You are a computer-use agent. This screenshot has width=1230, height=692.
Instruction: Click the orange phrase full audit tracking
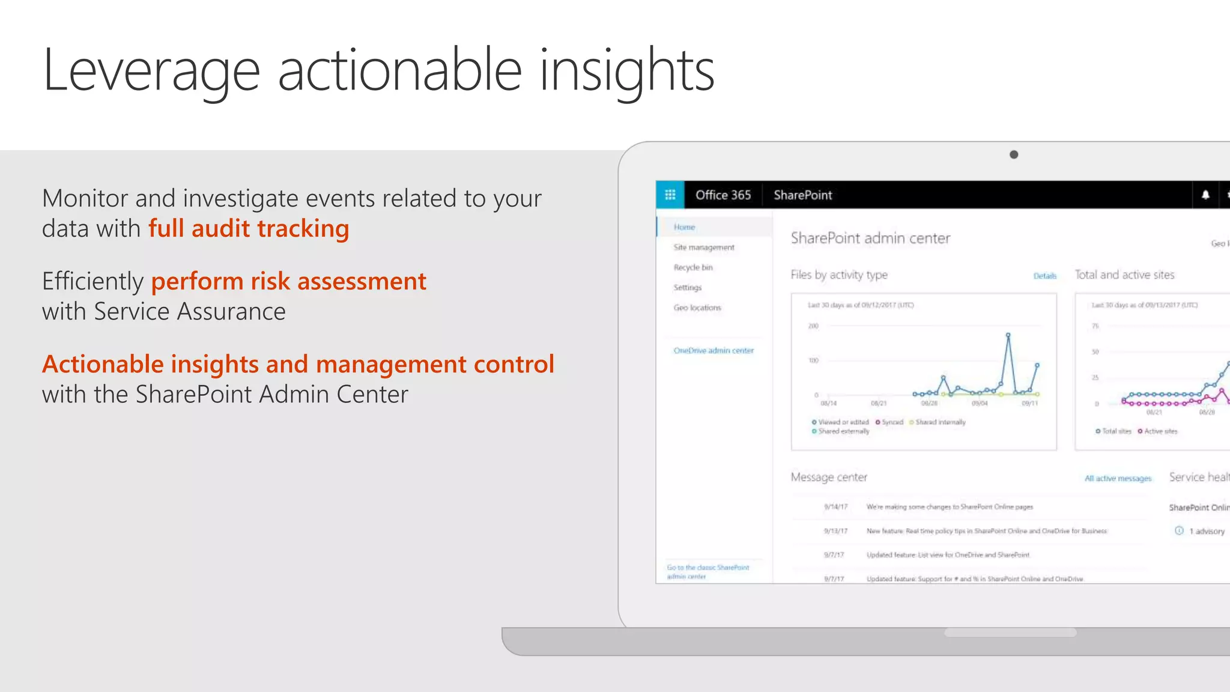point(249,229)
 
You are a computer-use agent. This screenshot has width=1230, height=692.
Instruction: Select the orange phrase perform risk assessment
point(288,282)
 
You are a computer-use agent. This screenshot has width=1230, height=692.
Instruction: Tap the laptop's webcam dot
point(1014,154)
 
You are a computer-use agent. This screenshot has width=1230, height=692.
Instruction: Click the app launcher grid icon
point(670,195)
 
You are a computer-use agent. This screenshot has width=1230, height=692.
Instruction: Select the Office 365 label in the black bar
point(723,195)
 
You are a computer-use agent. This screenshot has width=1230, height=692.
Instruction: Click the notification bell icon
point(1205,195)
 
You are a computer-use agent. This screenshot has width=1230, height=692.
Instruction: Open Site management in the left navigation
point(704,247)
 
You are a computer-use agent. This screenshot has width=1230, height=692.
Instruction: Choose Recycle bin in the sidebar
point(693,267)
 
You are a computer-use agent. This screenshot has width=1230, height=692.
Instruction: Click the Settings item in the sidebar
point(688,288)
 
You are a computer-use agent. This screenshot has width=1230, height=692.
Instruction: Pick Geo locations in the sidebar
point(697,308)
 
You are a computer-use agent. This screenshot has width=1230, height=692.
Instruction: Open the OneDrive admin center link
point(713,351)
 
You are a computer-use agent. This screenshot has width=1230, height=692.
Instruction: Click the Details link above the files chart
point(1044,276)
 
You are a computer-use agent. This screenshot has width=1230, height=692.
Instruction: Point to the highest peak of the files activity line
point(1008,335)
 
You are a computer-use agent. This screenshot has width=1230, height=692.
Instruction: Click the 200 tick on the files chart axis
point(813,326)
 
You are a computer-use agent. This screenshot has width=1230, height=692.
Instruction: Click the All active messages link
point(1118,479)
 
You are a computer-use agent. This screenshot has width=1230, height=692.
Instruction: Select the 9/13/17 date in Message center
point(835,531)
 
